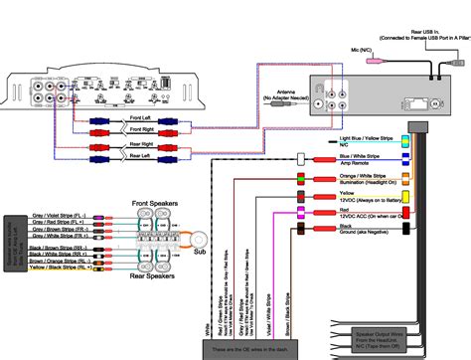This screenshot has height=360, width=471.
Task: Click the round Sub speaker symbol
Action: (x=200, y=238)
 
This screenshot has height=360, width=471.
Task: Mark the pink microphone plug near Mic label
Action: (x=374, y=62)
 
